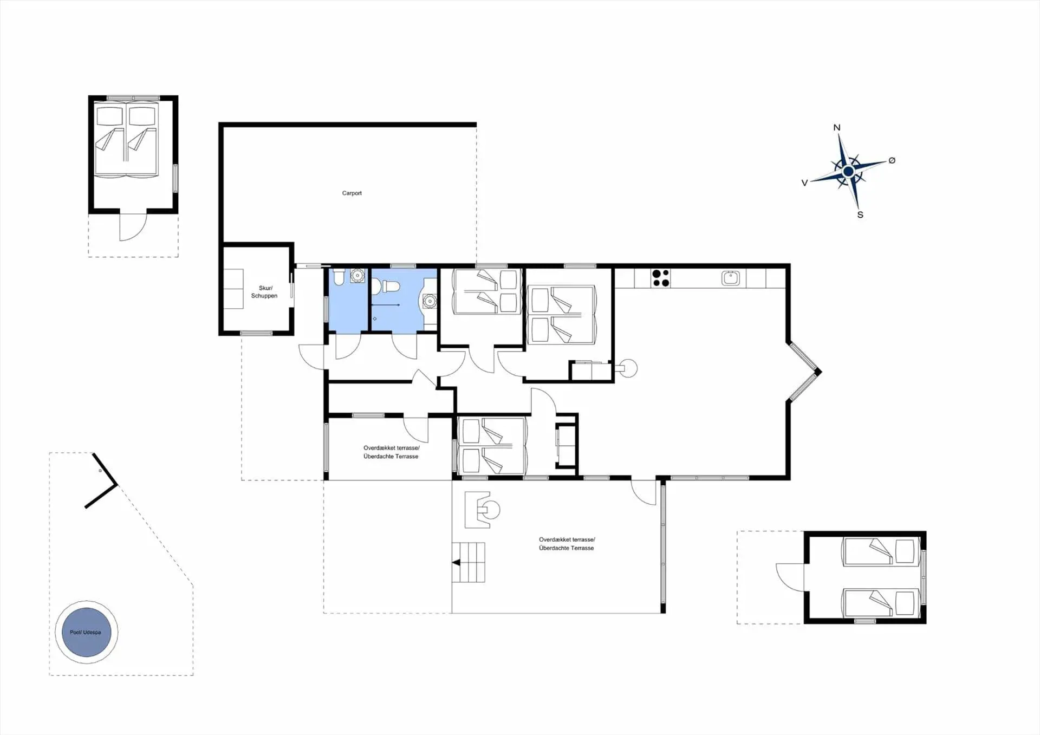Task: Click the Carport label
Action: (352, 193)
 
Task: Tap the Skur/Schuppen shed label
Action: (264, 292)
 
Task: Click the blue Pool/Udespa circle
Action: (86, 632)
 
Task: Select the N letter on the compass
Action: (837, 128)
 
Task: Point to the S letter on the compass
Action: (860, 215)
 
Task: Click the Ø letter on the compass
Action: (892, 160)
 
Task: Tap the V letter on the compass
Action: (804, 183)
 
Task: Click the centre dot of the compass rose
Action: (849, 172)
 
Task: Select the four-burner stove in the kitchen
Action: (660, 278)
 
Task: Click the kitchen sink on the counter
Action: (731, 278)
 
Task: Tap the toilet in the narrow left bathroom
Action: (339, 277)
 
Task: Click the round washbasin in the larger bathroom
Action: (430, 301)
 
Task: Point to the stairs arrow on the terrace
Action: (456, 563)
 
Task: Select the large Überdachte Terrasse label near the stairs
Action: (567, 548)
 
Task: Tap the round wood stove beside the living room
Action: (629, 368)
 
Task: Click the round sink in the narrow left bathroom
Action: (357, 276)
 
